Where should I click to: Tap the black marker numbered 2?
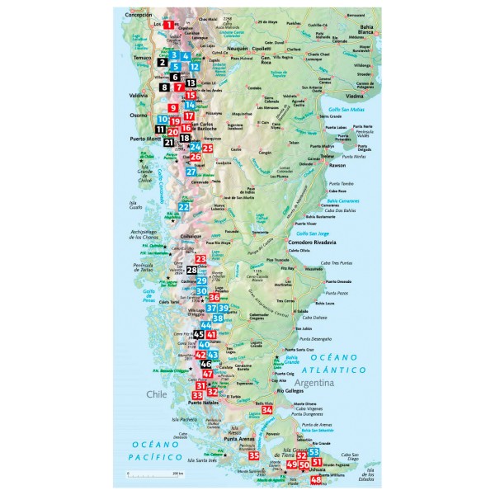(x=163, y=62)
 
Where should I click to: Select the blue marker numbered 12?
(x=195, y=66)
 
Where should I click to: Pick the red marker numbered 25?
(x=208, y=148)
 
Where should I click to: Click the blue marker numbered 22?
(x=185, y=207)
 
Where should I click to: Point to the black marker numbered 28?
(x=192, y=270)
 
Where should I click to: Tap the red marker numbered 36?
(x=214, y=297)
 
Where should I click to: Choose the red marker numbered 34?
(x=266, y=409)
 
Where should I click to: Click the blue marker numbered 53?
(x=313, y=453)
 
